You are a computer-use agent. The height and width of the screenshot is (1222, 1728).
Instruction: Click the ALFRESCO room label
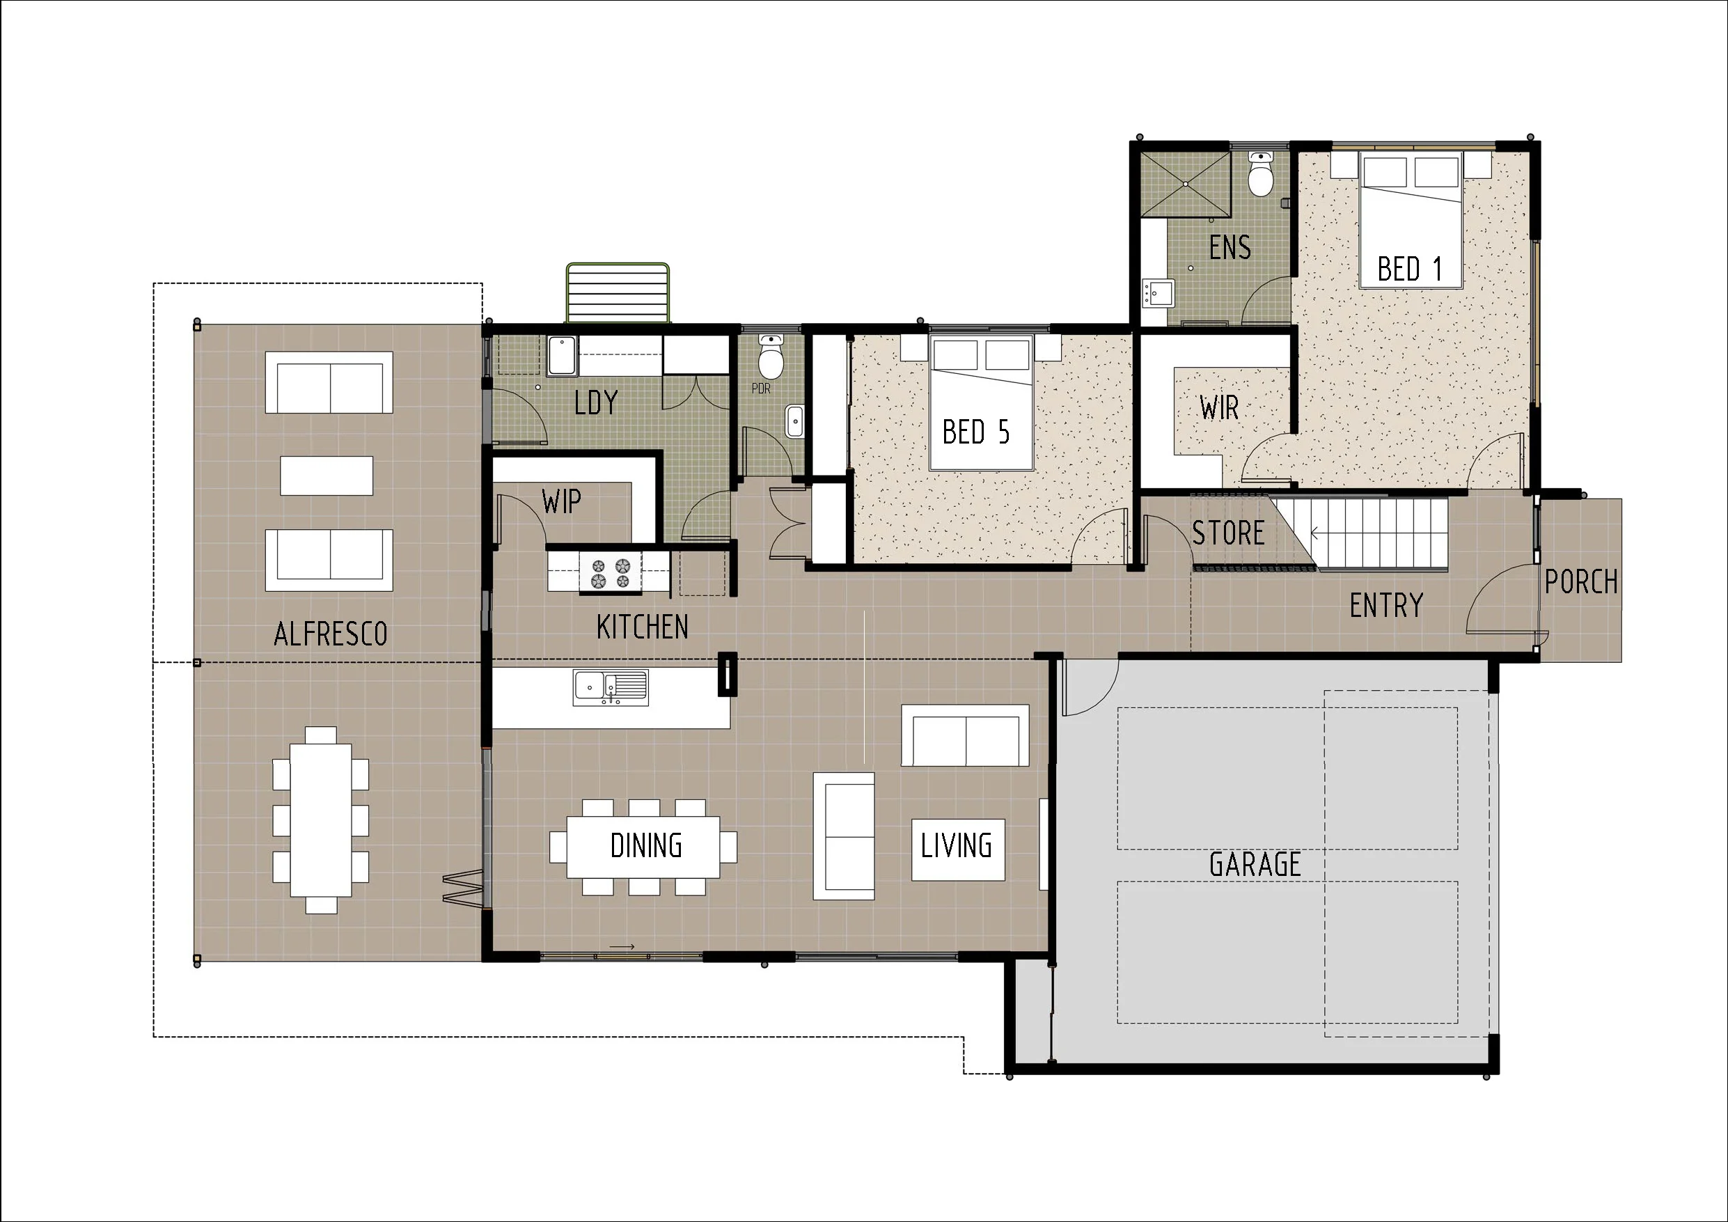point(331,634)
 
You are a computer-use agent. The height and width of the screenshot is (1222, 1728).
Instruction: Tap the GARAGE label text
point(1255,864)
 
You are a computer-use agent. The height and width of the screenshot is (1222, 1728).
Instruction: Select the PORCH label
point(1580,581)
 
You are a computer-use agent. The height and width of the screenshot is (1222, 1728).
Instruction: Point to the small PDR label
point(761,389)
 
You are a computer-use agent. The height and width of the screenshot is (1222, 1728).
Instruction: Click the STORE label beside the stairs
point(1228,533)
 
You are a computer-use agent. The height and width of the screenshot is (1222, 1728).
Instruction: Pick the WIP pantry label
point(560,501)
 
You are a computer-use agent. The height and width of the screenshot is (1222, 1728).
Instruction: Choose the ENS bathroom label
point(1230,247)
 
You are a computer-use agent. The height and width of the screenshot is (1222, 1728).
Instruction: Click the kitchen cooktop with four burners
point(611,573)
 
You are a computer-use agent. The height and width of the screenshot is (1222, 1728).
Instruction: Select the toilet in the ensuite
point(1260,174)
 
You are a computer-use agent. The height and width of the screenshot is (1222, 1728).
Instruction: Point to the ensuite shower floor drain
point(1186,184)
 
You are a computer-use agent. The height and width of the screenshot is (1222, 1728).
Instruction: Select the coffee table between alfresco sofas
point(327,475)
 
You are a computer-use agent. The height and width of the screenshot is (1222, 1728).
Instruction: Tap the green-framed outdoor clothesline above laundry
point(618,293)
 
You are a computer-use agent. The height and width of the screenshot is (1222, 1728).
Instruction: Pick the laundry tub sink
point(561,355)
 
